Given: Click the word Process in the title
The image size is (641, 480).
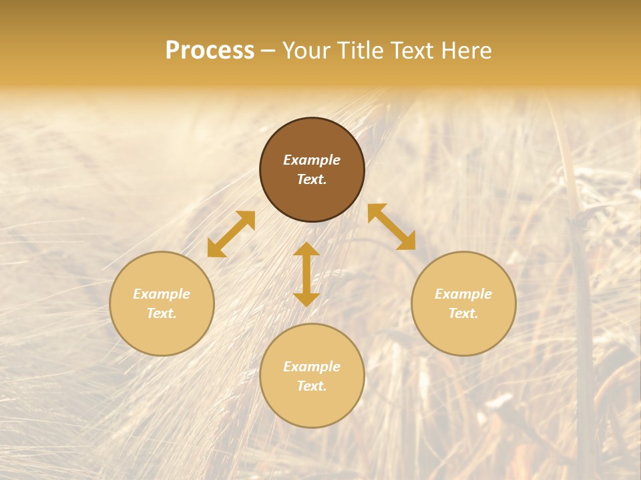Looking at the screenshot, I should (x=210, y=51).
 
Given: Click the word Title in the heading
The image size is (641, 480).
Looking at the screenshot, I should (x=361, y=51).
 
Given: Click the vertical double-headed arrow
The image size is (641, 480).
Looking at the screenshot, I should (x=306, y=274).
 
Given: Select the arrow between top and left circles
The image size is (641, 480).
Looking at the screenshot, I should (x=231, y=234).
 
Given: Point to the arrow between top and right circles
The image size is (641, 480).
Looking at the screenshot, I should (x=392, y=227).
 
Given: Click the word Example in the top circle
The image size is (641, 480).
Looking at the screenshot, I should (x=312, y=160).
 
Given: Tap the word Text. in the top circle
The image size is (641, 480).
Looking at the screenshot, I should (x=312, y=179).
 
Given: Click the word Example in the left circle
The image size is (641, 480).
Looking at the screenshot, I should (x=162, y=294).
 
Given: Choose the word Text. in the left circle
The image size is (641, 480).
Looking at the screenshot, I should (x=162, y=313).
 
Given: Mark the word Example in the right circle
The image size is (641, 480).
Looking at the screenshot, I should (x=463, y=294).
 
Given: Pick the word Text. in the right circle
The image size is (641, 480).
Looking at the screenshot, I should (x=463, y=313).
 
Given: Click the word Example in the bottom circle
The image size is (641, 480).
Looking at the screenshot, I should (x=312, y=367).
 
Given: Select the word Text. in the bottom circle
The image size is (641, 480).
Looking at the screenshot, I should (x=312, y=386).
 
